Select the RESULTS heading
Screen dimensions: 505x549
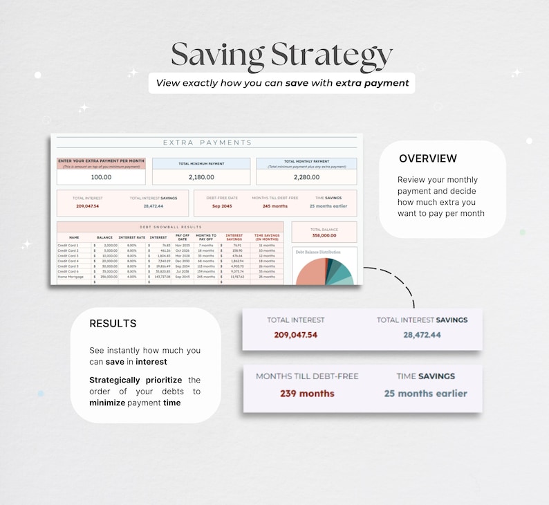113,324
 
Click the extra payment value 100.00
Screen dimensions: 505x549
101,177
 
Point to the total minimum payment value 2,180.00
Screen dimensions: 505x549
201,177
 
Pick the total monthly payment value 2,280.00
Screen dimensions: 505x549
306,177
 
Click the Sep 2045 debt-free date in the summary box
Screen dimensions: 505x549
222,206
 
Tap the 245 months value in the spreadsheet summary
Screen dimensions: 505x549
274,206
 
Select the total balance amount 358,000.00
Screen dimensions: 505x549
324,235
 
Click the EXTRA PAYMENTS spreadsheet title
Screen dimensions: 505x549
207,143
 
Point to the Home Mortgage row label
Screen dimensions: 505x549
71,277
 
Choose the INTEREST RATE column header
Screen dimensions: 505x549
132,237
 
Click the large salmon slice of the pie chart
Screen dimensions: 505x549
310,274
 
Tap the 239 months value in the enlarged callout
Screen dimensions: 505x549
307,394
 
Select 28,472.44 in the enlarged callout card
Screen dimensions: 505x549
422,335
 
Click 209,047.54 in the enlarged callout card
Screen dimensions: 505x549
295,335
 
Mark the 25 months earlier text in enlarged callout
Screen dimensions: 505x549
426,394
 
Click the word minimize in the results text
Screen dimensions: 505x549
107,403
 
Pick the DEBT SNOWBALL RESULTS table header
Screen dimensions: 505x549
170,227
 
